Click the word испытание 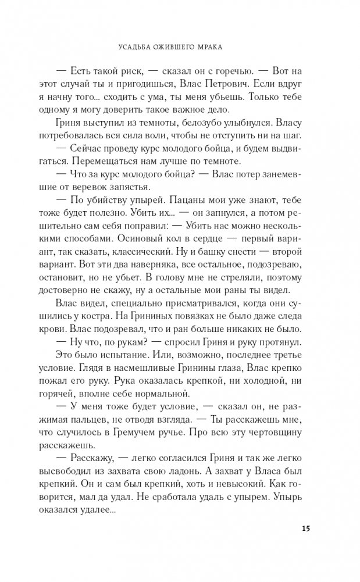[118, 354]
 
